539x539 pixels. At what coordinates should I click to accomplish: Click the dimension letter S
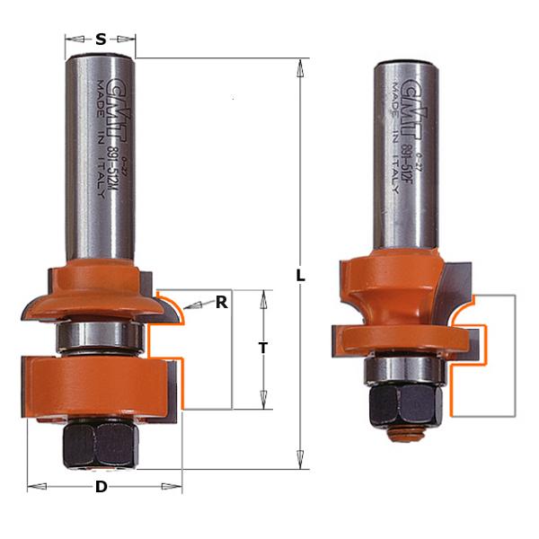pyautogui.click(x=101, y=39)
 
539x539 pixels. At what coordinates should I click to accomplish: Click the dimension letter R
pyautogui.click(x=221, y=303)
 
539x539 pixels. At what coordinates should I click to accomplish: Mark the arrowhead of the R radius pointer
pyautogui.click(x=184, y=310)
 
